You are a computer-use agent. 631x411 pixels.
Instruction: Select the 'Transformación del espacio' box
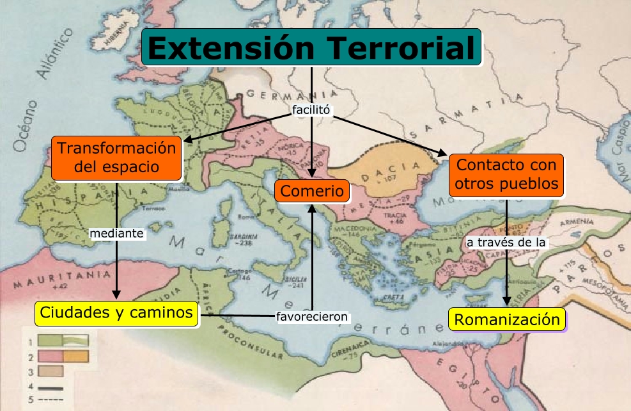point(116,158)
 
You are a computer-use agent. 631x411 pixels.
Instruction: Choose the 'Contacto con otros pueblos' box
point(506,175)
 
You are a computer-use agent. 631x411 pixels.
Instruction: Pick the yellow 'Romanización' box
point(508,318)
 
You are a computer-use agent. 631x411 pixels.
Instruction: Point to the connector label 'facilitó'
point(311,109)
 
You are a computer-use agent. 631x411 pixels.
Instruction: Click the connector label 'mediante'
point(116,234)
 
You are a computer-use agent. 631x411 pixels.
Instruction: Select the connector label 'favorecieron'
point(312,316)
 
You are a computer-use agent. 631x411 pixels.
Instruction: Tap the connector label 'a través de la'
point(507,243)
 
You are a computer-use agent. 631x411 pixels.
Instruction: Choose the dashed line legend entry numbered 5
point(49,399)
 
